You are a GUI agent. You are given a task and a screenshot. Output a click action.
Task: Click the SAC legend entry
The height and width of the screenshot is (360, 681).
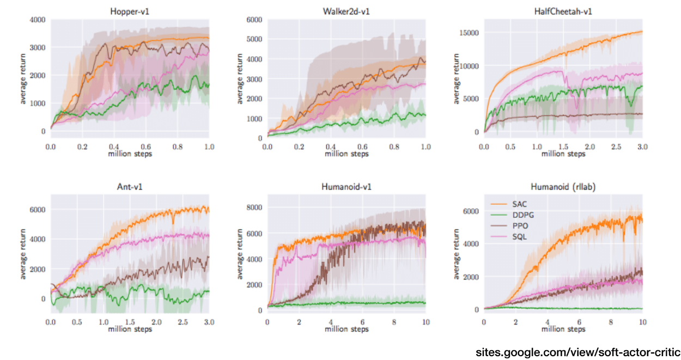520,204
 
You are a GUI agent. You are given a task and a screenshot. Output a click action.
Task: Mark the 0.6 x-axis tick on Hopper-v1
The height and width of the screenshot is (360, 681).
145,147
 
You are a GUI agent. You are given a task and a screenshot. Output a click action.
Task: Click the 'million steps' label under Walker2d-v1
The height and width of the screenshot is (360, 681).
346,154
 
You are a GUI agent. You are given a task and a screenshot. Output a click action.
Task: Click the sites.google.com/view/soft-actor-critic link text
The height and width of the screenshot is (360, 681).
578,351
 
